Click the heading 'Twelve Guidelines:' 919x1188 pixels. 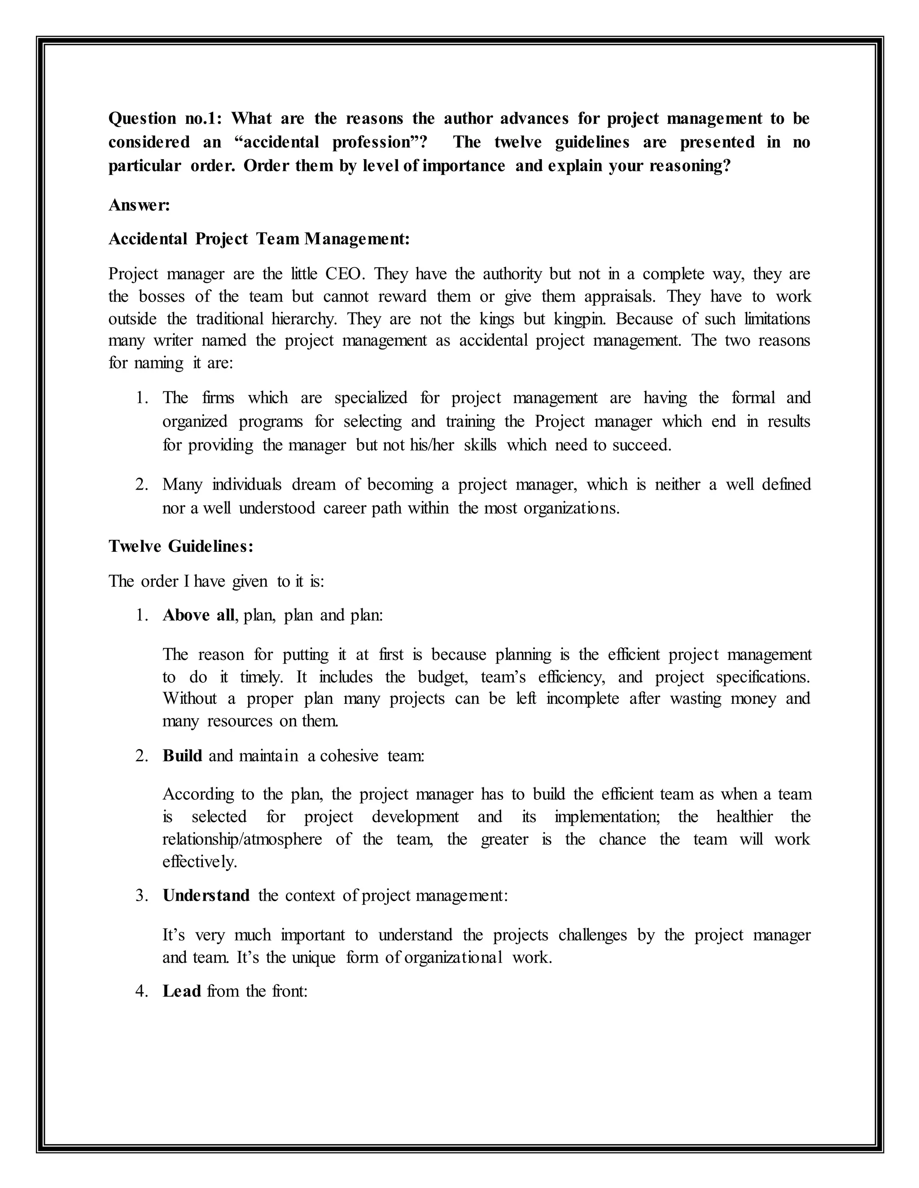point(181,546)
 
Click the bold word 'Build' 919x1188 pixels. point(182,755)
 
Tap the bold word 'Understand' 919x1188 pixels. point(206,895)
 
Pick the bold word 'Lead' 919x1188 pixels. point(182,991)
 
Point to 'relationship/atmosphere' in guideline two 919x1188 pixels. point(242,839)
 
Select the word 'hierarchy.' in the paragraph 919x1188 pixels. point(304,318)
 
